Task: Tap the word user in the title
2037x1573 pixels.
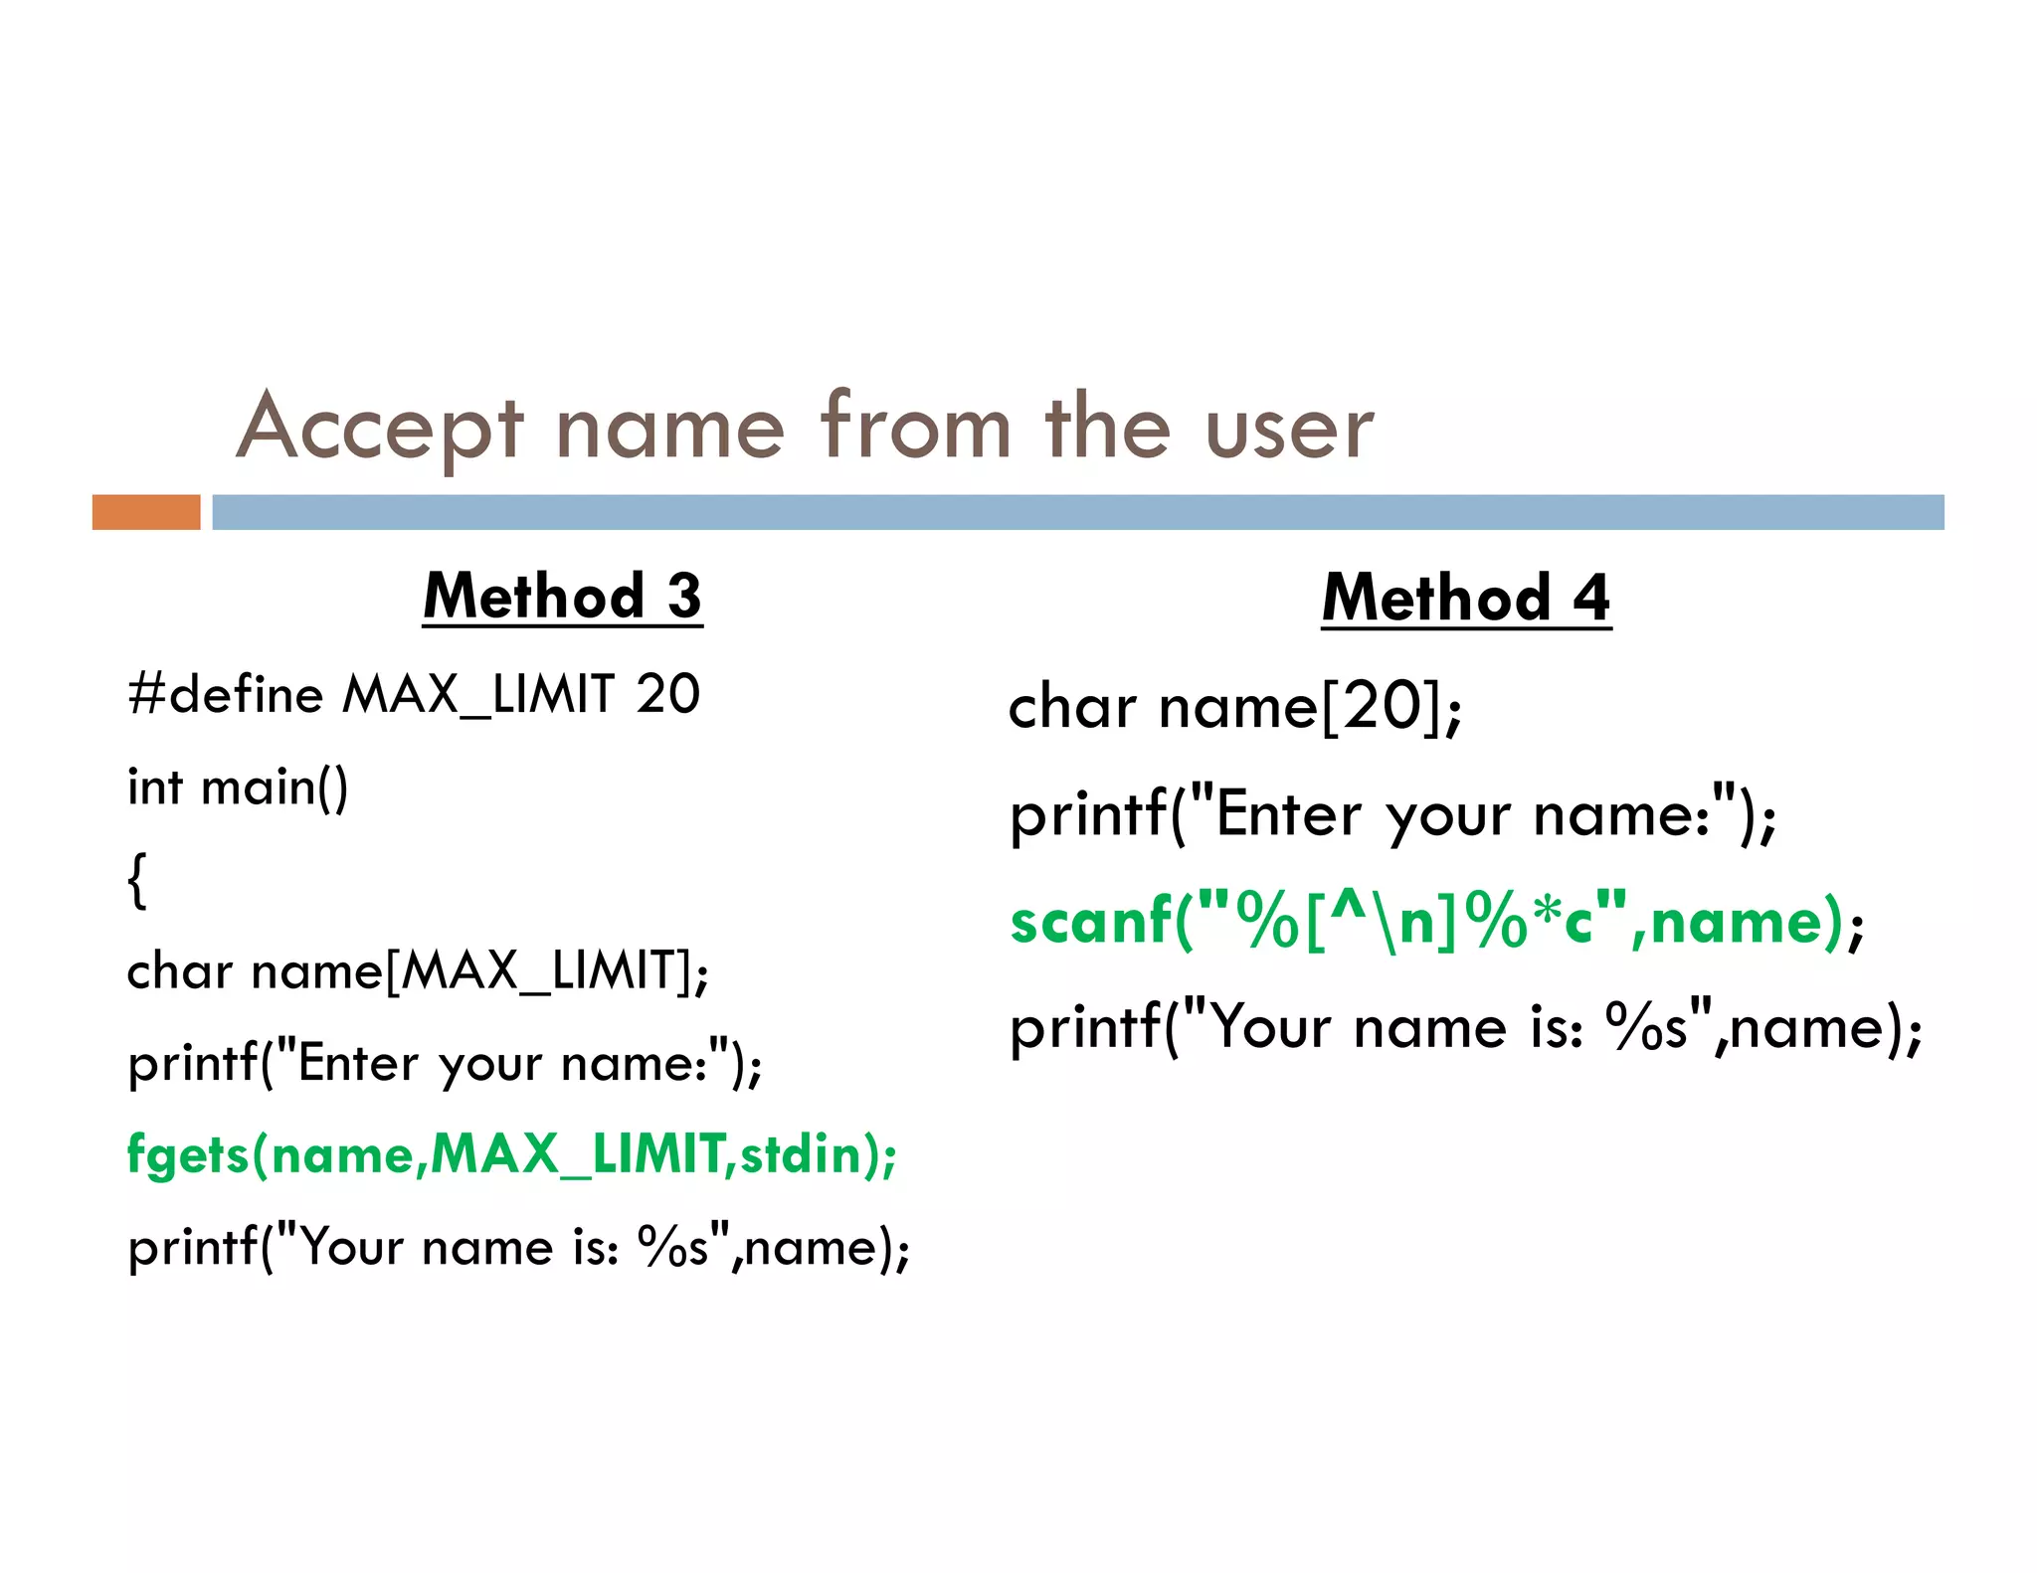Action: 1289,430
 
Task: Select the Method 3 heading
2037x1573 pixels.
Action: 562,597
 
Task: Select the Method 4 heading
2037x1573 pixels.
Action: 1466,599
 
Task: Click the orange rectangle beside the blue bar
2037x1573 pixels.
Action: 146,512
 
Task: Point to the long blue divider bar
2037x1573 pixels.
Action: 1077,512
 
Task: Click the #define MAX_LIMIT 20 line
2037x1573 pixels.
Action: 414,694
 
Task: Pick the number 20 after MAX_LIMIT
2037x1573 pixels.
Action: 667,694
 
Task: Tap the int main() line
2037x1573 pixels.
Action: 238,787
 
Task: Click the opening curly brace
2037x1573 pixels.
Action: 137,879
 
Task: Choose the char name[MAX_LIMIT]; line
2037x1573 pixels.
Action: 418,970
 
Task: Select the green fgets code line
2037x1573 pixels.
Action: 511,1155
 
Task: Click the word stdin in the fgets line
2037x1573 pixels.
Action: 801,1154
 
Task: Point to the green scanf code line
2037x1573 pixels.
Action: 1436,921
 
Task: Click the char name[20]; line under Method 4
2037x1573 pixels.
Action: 1234,708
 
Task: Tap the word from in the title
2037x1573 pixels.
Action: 915,428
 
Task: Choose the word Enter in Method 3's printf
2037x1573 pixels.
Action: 358,1064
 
